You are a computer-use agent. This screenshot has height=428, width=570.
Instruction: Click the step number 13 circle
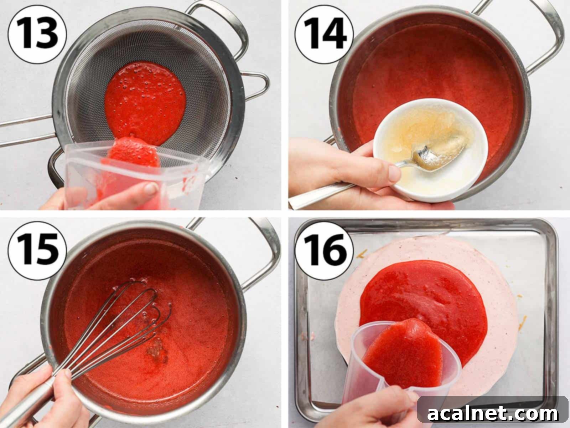coord(37,33)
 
